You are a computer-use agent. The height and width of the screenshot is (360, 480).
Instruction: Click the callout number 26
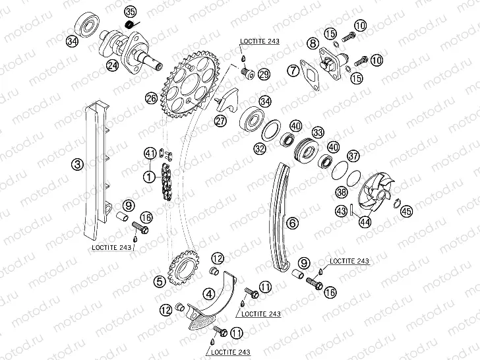coord(151,98)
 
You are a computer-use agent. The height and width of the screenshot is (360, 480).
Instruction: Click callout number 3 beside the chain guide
coord(77,164)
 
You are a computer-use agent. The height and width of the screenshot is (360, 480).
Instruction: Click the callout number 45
coord(407,211)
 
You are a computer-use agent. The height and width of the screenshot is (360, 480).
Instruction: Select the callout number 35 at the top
coord(131,12)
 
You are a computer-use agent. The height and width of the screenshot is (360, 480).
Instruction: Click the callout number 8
coord(313,43)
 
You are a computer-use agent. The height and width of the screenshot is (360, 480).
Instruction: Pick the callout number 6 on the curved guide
coord(292,223)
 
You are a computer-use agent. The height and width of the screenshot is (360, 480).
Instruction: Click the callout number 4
coord(210,294)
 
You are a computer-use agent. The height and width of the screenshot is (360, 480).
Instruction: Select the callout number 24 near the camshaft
coord(112,65)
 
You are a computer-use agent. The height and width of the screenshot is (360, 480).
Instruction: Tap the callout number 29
coord(264,74)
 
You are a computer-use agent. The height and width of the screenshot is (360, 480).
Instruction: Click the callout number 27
coord(220,121)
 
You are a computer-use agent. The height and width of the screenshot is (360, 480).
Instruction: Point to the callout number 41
coord(150,153)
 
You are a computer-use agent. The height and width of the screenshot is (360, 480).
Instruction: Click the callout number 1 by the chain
coord(150,176)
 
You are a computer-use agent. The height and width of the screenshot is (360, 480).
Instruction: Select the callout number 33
coord(318,133)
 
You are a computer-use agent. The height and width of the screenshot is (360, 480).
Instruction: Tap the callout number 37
coord(353,156)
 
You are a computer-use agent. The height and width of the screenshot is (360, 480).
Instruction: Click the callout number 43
coord(342,210)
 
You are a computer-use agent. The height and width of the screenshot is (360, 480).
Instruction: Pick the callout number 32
coord(260,149)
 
